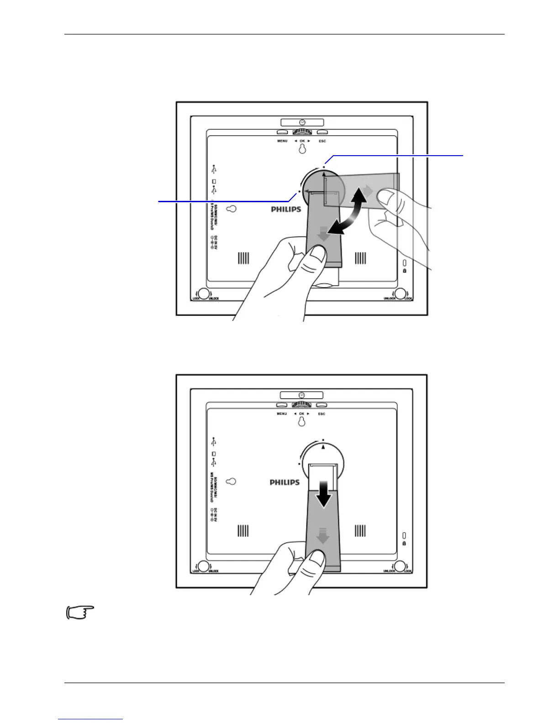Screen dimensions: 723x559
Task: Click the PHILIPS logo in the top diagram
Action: (x=286, y=209)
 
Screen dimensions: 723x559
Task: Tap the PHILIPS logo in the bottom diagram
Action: (x=285, y=482)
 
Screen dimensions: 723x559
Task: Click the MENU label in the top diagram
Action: (x=282, y=141)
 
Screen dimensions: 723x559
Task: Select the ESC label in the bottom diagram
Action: (x=322, y=414)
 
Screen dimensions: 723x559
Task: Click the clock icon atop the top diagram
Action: (x=302, y=122)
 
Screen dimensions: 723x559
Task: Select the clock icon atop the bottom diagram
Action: (x=301, y=395)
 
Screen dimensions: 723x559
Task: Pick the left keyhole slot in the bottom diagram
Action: (x=232, y=482)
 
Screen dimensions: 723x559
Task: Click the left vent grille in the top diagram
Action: (x=243, y=258)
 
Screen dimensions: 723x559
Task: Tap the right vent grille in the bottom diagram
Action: (x=360, y=530)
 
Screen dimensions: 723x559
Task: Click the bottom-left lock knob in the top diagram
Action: (x=204, y=294)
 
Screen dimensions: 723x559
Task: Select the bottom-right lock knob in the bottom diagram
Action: (x=400, y=566)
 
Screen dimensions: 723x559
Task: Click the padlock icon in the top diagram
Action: (x=405, y=271)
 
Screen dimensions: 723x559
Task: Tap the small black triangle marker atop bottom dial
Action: (x=323, y=447)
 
